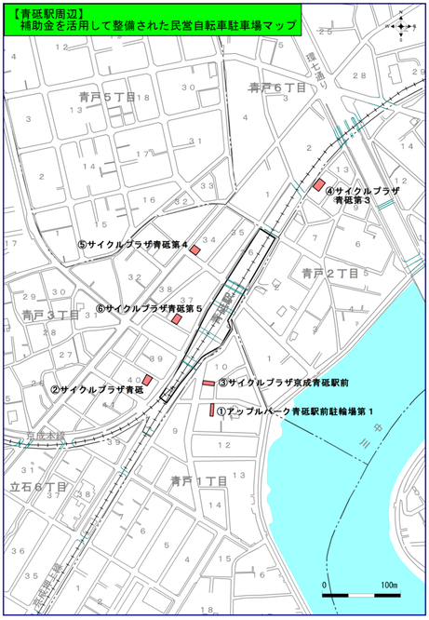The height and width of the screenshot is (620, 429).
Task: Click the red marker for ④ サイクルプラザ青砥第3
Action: pyautogui.click(x=317, y=184)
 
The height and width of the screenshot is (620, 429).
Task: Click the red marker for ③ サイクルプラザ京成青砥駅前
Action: pyautogui.click(x=208, y=383)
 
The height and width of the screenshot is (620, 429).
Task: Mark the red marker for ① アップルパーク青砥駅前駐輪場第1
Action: pyautogui.click(x=212, y=411)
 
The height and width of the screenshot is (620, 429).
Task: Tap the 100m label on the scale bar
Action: pyautogui.click(x=388, y=585)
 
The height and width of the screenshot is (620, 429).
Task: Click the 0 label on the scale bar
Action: pyautogui.click(x=325, y=585)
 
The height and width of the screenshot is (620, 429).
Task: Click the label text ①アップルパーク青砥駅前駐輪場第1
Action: pyautogui.click(x=296, y=411)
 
